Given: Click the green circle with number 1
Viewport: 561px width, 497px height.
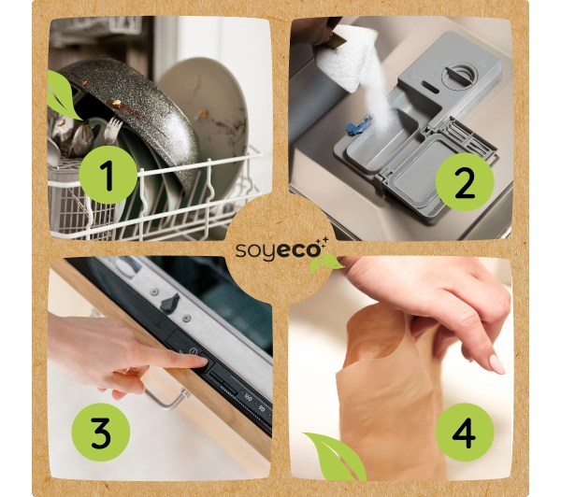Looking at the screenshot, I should pyautogui.click(x=108, y=177).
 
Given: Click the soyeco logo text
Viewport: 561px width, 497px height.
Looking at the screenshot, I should pyautogui.click(x=279, y=251).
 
